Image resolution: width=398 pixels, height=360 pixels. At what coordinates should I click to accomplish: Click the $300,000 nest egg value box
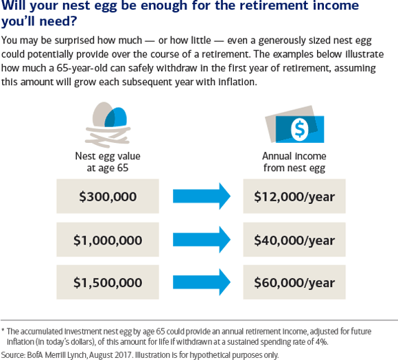tap(108, 196)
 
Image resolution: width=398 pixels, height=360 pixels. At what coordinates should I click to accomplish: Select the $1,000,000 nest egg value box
tap(108, 240)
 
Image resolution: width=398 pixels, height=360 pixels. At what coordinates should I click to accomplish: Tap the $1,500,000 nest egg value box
tap(108, 282)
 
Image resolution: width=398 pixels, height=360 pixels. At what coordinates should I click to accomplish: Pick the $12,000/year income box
tap(294, 196)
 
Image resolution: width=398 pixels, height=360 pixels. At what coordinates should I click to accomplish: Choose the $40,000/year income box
tap(294, 240)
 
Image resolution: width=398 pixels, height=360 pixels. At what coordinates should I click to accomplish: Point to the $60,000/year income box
tap(294, 282)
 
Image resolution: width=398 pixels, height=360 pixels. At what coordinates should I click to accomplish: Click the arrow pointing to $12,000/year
tap(201, 196)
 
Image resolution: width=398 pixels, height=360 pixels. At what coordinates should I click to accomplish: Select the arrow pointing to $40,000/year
tap(201, 240)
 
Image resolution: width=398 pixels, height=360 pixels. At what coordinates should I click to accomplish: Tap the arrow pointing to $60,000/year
tap(201, 282)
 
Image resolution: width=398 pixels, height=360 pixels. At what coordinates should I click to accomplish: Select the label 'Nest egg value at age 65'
tap(108, 161)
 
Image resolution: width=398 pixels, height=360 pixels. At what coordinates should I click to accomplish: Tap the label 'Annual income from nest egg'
tap(294, 161)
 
